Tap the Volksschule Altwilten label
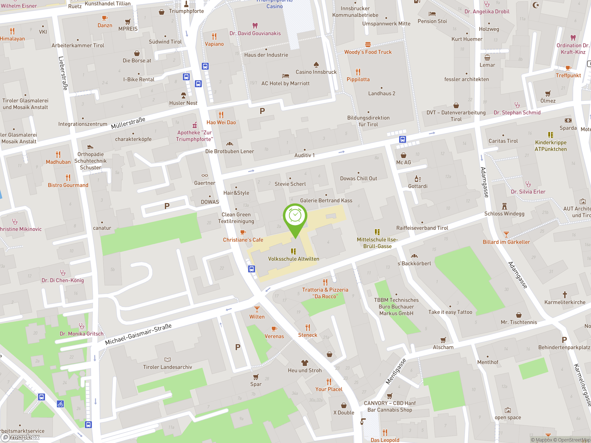click(293, 259)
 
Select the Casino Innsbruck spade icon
click(316, 65)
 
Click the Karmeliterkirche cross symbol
click(564, 295)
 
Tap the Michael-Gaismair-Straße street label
click(138, 334)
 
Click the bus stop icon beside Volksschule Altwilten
click(251, 269)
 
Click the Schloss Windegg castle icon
click(504, 206)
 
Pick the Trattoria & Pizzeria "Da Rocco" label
click(325, 293)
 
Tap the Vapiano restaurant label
click(214, 44)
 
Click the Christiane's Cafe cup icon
click(243, 232)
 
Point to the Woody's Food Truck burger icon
click(368, 44)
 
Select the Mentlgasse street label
click(396, 371)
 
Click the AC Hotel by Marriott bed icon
click(285, 76)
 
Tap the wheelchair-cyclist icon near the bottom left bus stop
click(60, 404)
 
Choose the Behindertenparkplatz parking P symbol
click(564, 340)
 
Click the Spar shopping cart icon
click(256, 377)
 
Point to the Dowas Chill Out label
click(358, 178)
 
